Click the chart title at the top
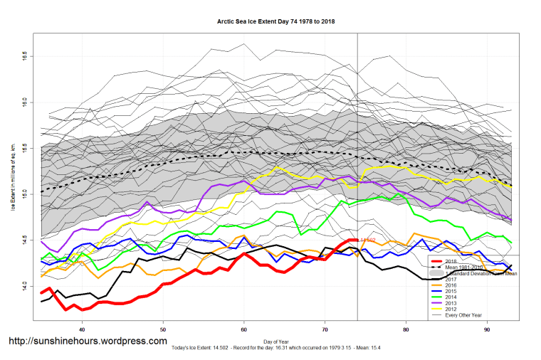pos(275,22)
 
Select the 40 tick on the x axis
pos(83,329)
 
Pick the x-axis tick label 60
pos(244,329)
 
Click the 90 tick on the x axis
pos(487,329)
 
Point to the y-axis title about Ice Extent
pos(12,178)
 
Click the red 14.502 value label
pos(367,240)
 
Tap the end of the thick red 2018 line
pos(356,240)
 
